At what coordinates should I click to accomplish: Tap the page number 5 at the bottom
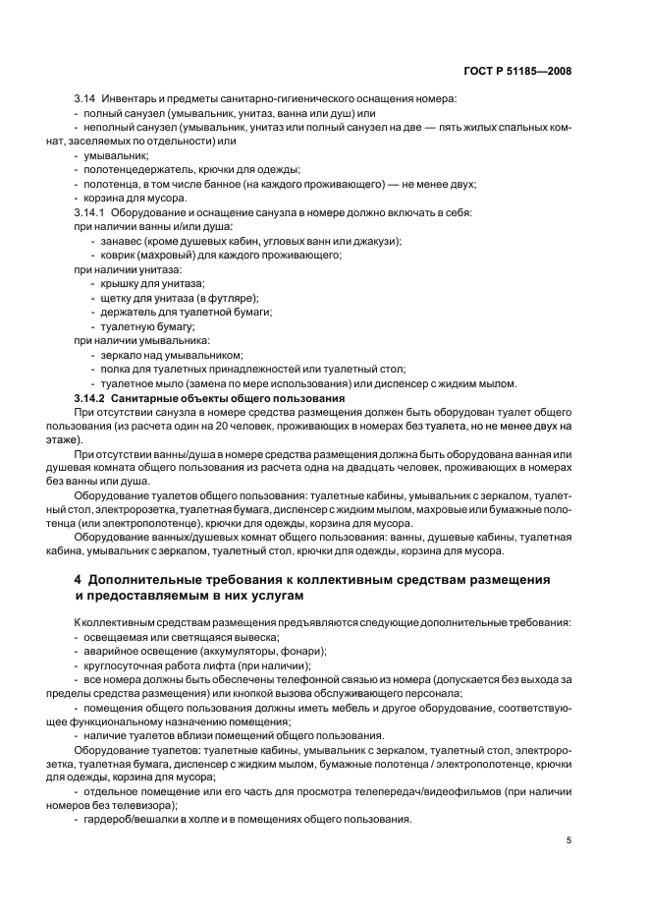click(x=569, y=840)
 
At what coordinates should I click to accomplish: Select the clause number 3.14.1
click(x=91, y=212)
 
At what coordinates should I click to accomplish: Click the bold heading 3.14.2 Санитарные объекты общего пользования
click(x=209, y=398)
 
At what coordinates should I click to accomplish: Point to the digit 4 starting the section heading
click(x=65, y=579)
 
